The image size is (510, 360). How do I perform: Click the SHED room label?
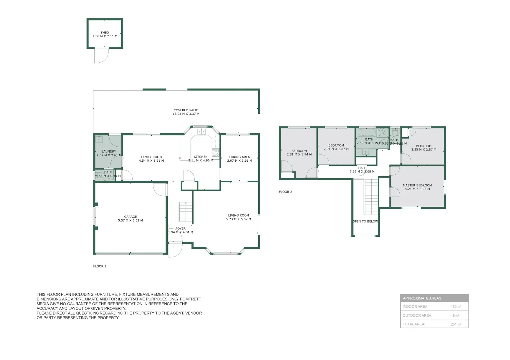105,33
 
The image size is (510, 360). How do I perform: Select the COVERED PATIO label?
186,110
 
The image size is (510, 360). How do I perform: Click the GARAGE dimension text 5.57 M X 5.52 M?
130,220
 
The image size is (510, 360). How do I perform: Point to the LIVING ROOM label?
238,215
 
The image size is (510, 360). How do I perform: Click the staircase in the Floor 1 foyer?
185,212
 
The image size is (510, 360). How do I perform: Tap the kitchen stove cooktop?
216,153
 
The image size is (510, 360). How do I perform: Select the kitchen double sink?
201,132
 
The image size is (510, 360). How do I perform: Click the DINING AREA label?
239,157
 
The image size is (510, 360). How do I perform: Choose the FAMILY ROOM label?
151,157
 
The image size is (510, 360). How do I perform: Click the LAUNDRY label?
109,151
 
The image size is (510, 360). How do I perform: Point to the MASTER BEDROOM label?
417,185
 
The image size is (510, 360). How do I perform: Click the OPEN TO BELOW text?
365,221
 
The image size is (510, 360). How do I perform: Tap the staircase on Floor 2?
371,197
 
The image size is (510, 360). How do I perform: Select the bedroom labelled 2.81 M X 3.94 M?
299,153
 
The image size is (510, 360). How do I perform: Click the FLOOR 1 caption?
100,266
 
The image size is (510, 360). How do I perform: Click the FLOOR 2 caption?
285,192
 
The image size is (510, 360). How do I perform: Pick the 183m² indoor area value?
455,307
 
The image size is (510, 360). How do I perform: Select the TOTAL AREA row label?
414,324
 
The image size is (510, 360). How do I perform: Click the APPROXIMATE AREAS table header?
422,298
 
